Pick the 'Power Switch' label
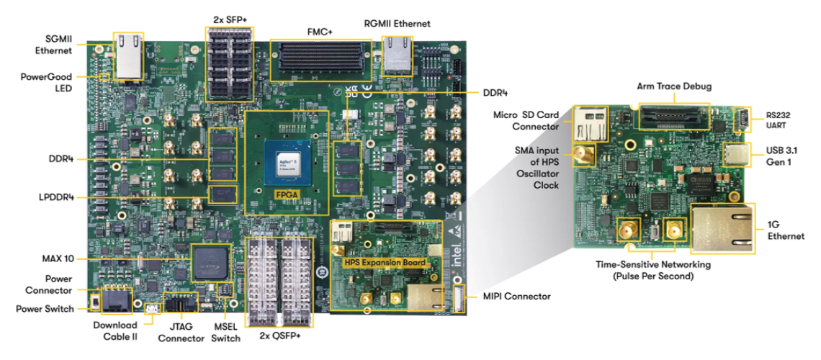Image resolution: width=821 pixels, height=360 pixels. point(45,309)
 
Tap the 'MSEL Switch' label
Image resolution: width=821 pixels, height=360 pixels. point(225,333)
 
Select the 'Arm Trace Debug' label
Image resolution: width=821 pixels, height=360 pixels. point(674,86)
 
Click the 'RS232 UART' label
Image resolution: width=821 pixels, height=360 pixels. point(778,120)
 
